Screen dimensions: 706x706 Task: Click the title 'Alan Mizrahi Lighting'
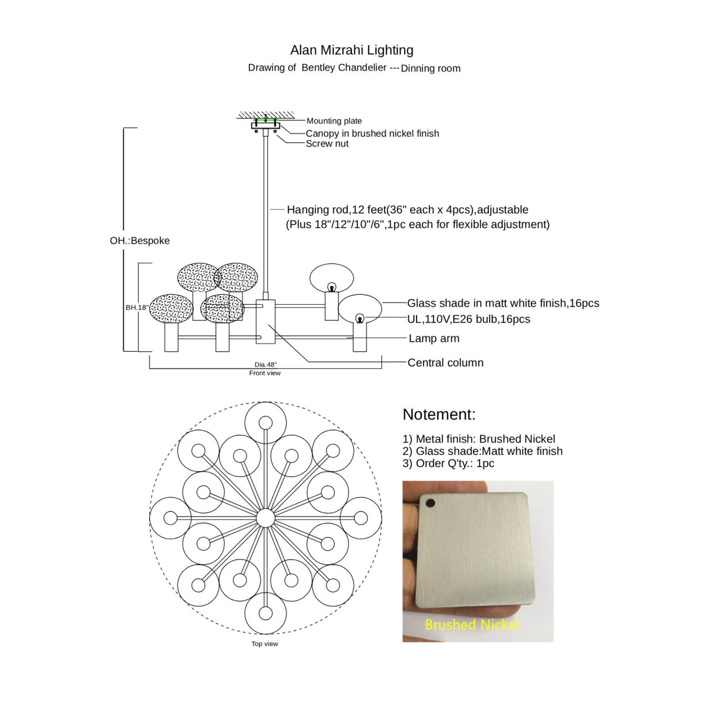(x=352, y=50)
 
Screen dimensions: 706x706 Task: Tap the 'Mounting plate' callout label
(x=334, y=121)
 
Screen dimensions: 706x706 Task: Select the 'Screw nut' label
(x=327, y=144)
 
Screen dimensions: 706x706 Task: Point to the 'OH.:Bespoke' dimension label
(x=139, y=241)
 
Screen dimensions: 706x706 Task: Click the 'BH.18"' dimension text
(x=136, y=308)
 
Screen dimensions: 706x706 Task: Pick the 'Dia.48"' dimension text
(x=265, y=365)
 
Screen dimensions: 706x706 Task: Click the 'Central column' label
(x=445, y=363)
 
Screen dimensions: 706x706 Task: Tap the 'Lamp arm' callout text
(x=434, y=338)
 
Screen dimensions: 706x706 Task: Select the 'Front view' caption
(x=265, y=373)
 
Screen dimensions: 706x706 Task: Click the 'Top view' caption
(x=265, y=644)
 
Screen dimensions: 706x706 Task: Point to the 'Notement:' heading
(x=439, y=414)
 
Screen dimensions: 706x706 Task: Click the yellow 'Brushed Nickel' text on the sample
(x=472, y=624)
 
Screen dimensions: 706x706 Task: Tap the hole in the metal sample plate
(x=430, y=503)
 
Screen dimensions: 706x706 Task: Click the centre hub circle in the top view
(x=265, y=518)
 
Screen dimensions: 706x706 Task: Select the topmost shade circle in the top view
(x=265, y=423)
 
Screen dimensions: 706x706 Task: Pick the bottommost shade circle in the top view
(x=265, y=612)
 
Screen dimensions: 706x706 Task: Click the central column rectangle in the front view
(x=266, y=322)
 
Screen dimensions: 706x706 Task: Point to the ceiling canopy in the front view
(x=265, y=125)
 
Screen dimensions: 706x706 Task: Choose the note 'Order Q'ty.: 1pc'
(x=448, y=464)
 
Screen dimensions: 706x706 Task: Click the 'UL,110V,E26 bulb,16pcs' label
(x=469, y=319)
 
